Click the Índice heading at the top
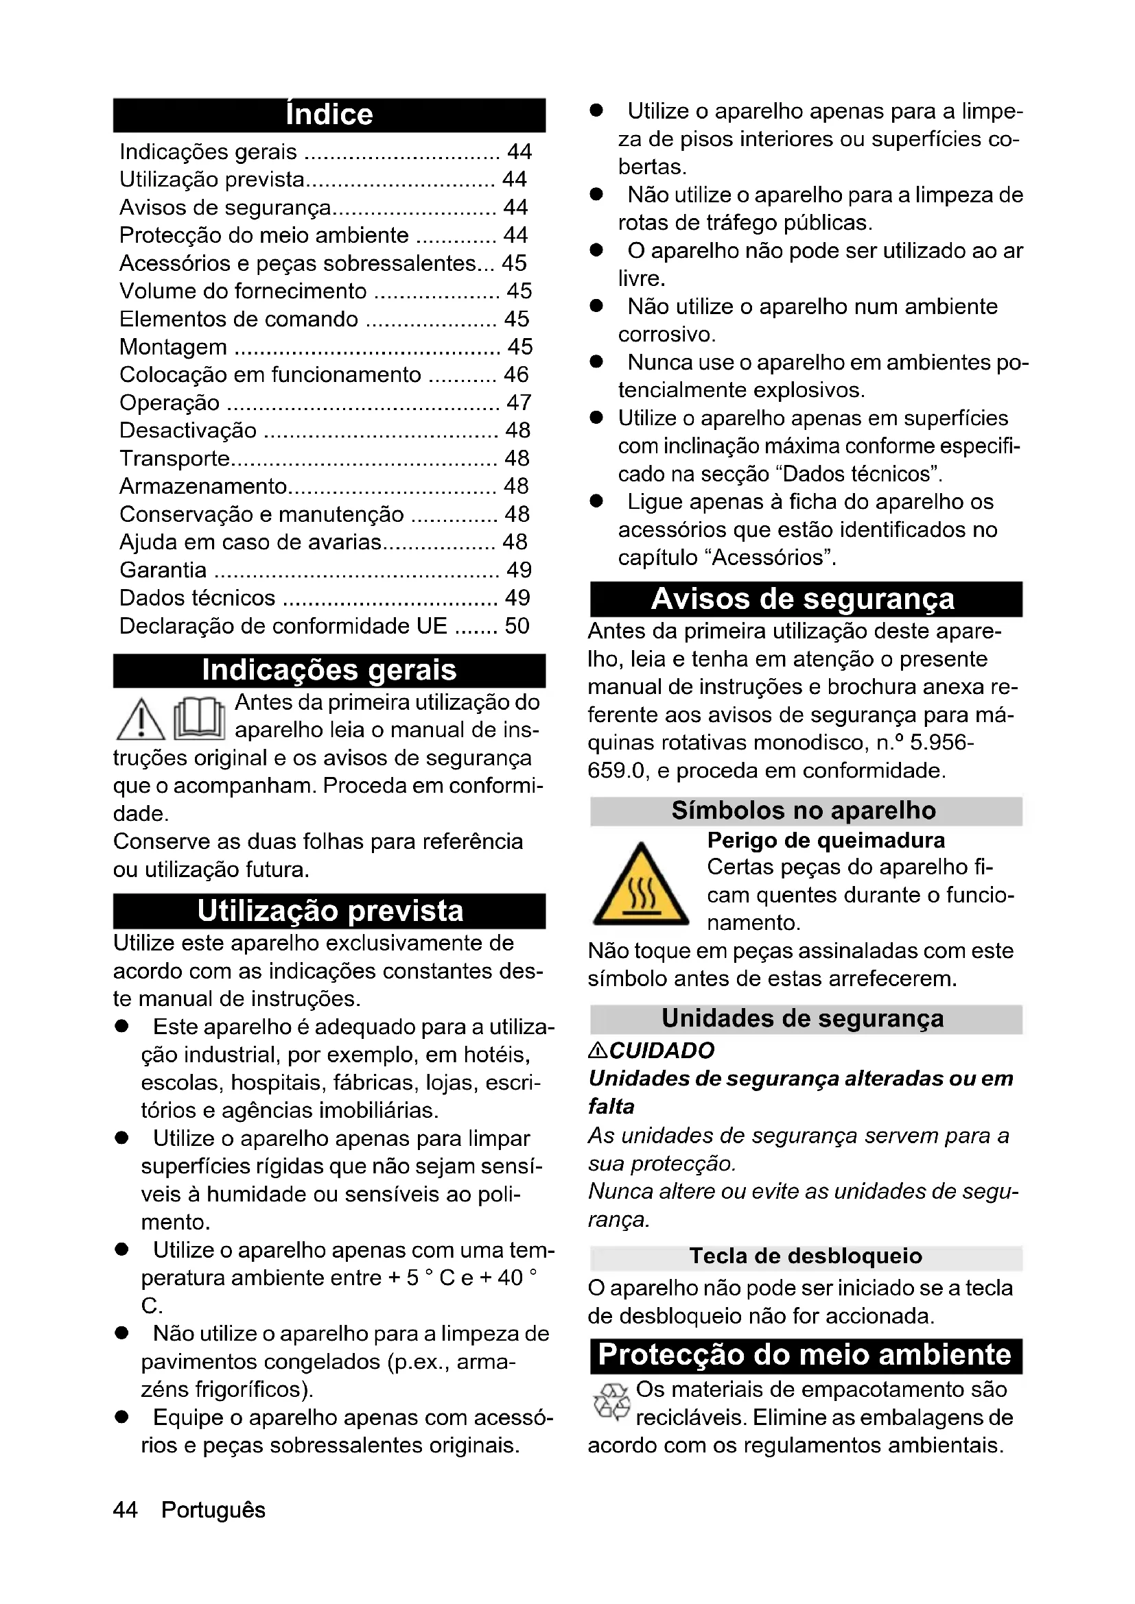329,115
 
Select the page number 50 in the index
517,625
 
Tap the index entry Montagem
174,346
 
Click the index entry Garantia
163,570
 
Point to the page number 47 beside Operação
519,403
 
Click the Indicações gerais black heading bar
329,670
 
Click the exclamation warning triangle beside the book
141,719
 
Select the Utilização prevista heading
329,911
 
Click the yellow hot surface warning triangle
641,886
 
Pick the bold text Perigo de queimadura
826,840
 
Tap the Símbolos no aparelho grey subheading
804,811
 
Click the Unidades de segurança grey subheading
804,1018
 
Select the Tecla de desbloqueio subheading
806,1256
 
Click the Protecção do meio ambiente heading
804,1354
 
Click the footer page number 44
126,1509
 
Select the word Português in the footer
213,1509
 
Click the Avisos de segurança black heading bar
804,599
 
